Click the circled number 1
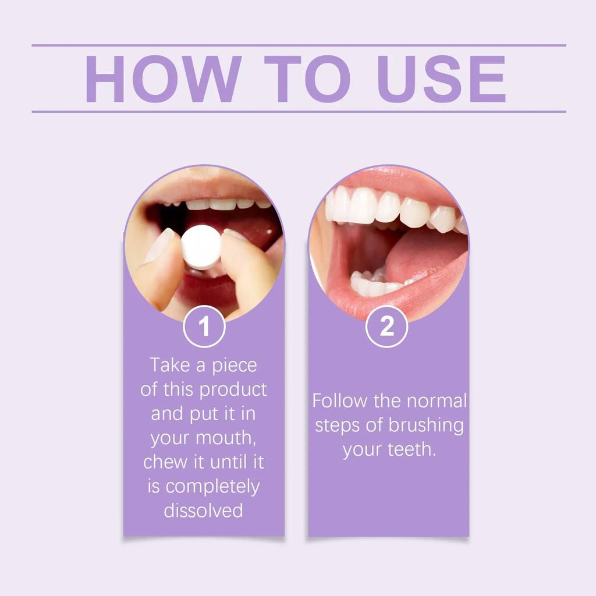[x=204, y=327]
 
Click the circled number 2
[x=387, y=327]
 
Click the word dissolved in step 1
[x=203, y=510]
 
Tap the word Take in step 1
[x=169, y=365]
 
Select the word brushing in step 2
[x=427, y=425]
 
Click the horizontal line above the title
[x=299, y=45]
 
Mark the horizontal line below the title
[x=299, y=111]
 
